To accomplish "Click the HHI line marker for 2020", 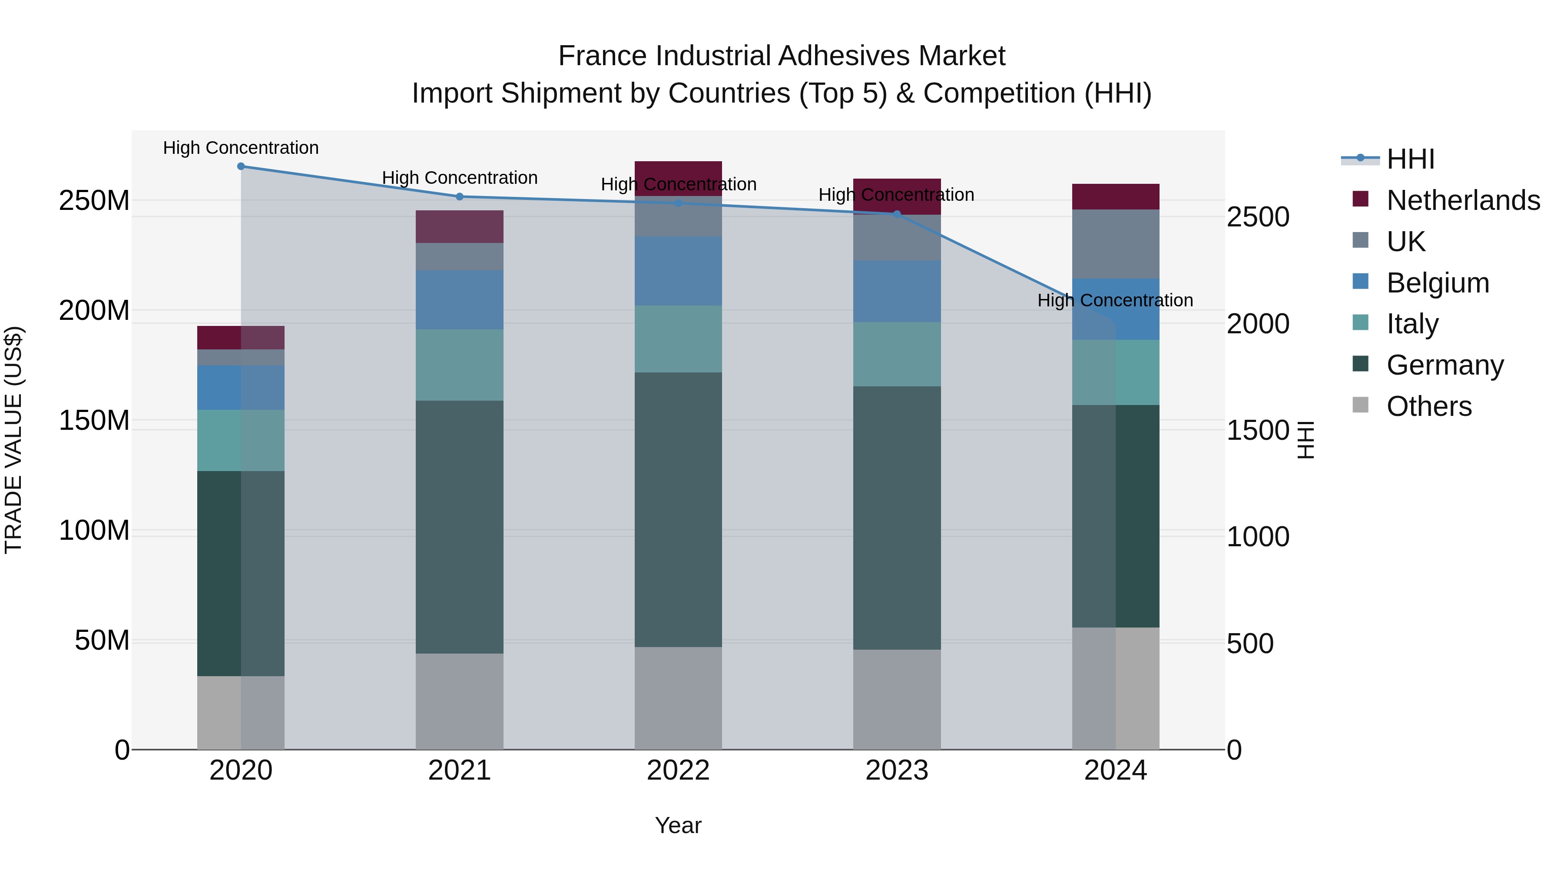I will [x=241, y=166].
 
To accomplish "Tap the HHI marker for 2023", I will [x=897, y=214].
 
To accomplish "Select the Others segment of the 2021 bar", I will [x=460, y=701].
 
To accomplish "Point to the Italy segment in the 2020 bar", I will [x=241, y=440].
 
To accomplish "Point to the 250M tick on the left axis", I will [x=94, y=200].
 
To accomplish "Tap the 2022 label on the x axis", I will [x=678, y=770].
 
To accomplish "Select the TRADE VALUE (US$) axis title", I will [x=13, y=440].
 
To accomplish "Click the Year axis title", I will [x=678, y=825].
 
